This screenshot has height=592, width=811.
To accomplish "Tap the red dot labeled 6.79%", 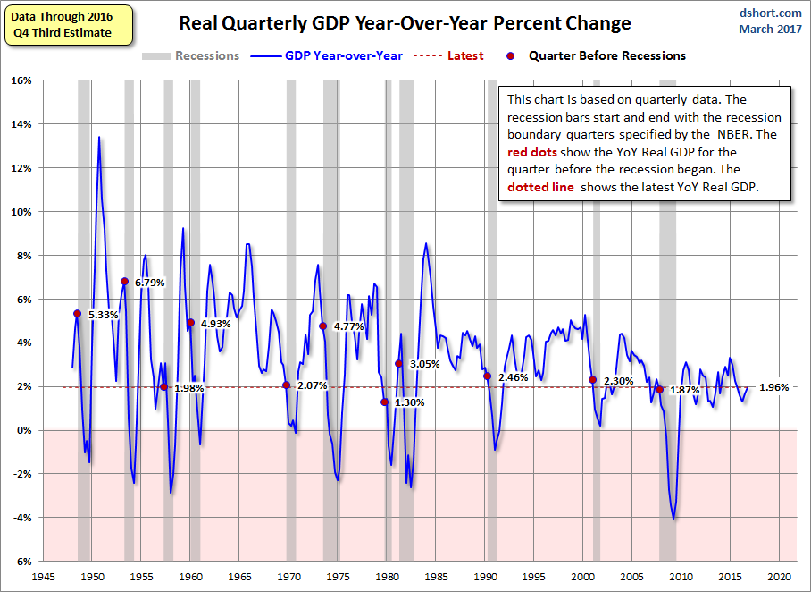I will pos(124,282).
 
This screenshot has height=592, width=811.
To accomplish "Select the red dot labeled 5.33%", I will pos(77,314).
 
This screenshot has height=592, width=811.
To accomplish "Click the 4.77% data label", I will pos(349,327).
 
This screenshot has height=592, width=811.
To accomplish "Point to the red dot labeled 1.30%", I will pos(385,402).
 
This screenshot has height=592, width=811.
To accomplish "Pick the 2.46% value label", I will pos(514,377).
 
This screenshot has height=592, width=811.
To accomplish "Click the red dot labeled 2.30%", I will pos(593,380).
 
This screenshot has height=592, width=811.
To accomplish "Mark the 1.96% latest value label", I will pos(773,387).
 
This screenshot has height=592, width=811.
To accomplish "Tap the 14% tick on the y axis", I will pos(21,124).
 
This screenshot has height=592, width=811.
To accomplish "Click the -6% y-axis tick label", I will pos(21,562).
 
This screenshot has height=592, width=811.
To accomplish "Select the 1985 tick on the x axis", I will pos(436,578).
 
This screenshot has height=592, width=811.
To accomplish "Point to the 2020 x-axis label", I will pos(779,578).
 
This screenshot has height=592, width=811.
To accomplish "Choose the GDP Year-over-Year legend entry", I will pos(344,55).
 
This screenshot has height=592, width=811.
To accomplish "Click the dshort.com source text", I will pos(771,13).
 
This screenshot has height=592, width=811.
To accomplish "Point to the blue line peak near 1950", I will pos(99,137).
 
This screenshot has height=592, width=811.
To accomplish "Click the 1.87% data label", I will pos(684,391).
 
